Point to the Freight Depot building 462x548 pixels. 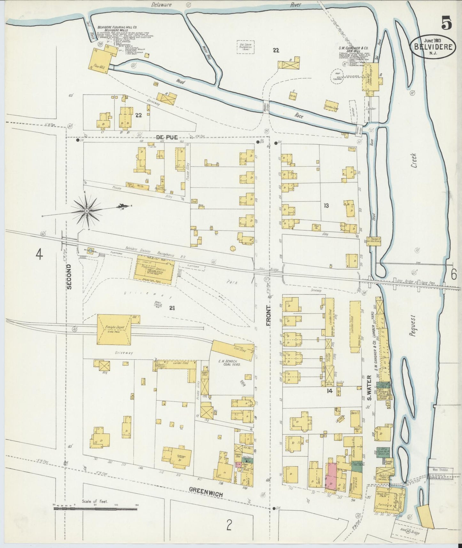coord(114,329)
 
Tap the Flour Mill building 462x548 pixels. coord(100,61)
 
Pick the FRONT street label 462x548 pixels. coord(268,316)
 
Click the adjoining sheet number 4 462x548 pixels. coord(39,254)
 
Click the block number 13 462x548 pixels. coord(326,206)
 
